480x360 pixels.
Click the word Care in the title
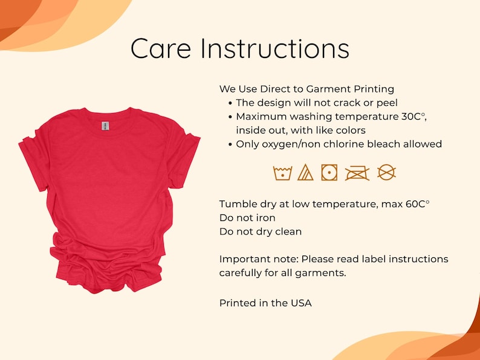click(160, 49)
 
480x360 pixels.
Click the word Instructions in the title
click(275, 48)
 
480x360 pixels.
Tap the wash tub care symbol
click(282, 173)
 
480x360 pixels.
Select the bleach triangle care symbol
click(305, 173)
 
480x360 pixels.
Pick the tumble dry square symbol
click(329, 173)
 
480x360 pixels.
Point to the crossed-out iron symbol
click(357, 173)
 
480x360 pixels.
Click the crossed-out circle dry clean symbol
click(386, 172)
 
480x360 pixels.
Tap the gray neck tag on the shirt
click(105, 126)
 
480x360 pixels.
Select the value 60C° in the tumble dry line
click(417, 204)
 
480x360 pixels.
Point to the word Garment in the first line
click(328, 89)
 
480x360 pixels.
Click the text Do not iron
click(247, 218)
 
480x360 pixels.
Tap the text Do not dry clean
click(261, 231)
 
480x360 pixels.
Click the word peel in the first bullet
click(387, 103)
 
